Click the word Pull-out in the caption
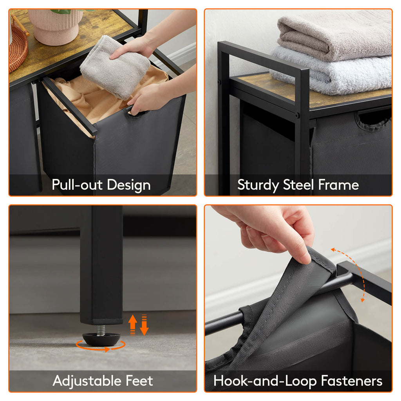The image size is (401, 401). (x=74, y=185)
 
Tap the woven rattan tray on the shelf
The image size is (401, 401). (x=17, y=47)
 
